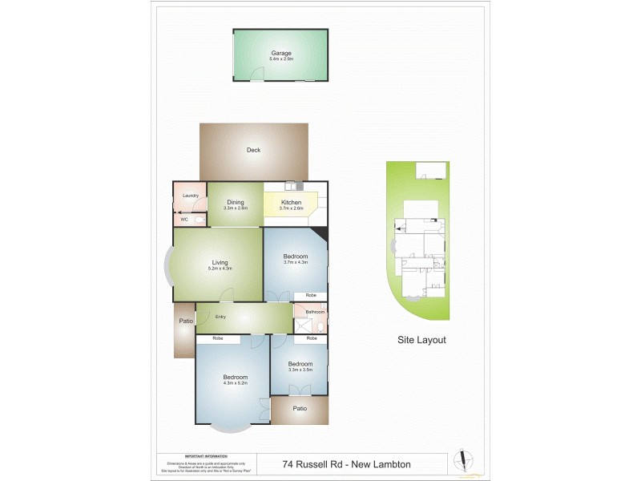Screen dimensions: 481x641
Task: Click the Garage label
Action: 280,53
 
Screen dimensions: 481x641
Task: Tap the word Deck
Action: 253,150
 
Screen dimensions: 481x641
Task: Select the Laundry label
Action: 190,196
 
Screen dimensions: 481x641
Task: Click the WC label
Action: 183,219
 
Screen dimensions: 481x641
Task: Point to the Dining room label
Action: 235,202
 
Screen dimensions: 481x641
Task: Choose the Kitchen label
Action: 292,203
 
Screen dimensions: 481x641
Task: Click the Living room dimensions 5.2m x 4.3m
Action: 220,268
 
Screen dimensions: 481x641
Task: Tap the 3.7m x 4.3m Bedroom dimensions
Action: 295,262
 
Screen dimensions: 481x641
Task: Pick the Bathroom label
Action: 314,311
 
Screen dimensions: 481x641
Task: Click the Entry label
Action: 220,317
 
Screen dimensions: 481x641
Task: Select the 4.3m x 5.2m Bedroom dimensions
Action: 235,383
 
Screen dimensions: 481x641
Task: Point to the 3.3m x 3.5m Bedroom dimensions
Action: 300,370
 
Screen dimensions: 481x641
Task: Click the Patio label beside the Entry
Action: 185,321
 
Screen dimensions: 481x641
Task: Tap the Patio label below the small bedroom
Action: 300,408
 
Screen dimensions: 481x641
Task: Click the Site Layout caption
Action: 421,340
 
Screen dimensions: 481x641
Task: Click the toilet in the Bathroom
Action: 320,327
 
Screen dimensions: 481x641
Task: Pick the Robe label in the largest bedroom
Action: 217,338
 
